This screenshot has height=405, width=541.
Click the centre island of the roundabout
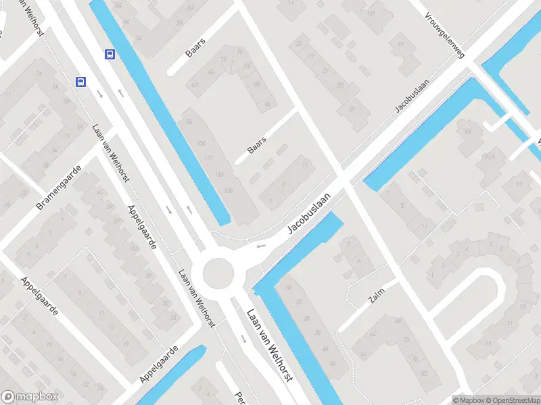217,273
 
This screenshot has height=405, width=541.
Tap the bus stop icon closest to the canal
110,54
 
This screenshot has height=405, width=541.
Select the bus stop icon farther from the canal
80,82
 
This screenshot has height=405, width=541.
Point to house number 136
229,191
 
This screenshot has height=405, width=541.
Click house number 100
200,144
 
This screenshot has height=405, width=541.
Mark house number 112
208,158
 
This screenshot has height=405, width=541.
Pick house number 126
219,175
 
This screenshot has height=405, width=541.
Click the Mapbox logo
30,397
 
